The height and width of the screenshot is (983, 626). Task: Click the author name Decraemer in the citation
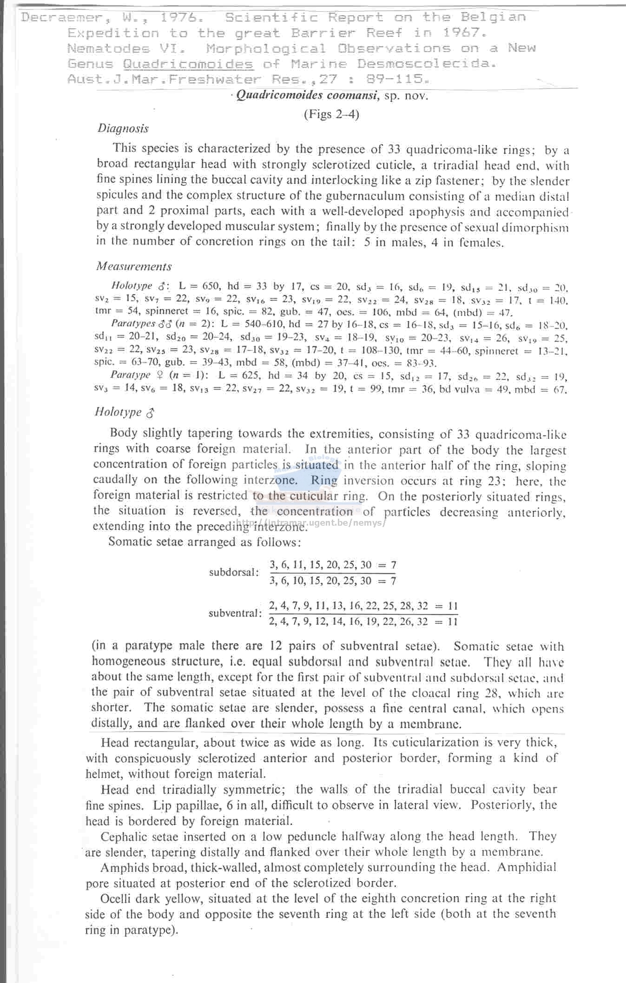[x=60, y=18]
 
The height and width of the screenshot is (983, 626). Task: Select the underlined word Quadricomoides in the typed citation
[x=188, y=64]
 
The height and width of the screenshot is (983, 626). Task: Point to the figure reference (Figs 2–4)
[x=331, y=114]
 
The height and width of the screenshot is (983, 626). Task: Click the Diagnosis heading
[x=123, y=129]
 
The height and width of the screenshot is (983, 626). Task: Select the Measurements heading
[x=134, y=267]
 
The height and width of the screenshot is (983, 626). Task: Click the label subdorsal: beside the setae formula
[x=234, y=573]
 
